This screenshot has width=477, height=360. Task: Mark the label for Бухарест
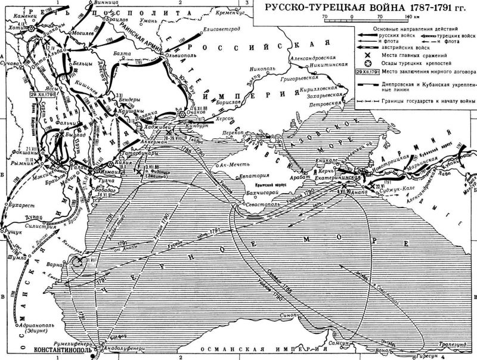point(22,203)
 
